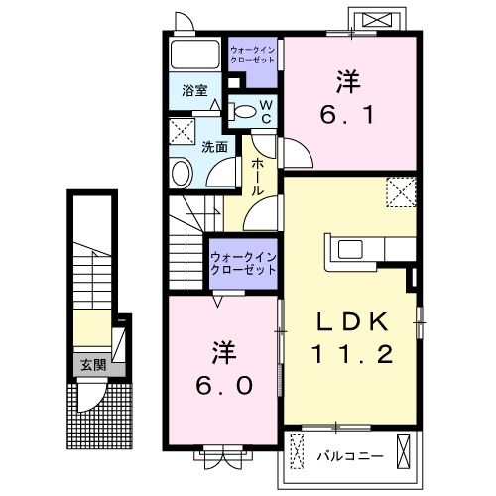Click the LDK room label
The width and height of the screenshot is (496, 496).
click(347, 323)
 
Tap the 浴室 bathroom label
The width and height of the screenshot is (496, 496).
click(193, 89)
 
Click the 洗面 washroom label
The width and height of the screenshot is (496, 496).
click(215, 146)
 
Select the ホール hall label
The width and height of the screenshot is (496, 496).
click(256, 176)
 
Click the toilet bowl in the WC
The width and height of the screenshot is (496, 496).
click(242, 111)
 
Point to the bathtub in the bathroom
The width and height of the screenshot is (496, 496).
click(193, 56)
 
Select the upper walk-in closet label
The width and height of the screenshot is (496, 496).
click(254, 54)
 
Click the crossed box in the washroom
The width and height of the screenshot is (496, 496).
click(183, 130)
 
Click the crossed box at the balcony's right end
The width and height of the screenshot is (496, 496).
click(407, 452)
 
